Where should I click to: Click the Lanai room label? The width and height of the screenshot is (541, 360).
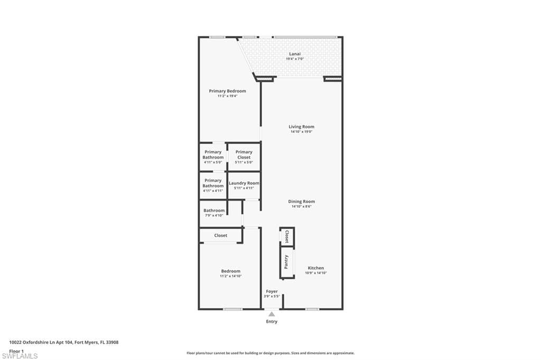pyautogui.click(x=295, y=53)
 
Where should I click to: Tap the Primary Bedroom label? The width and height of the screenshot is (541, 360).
pyautogui.click(x=227, y=91)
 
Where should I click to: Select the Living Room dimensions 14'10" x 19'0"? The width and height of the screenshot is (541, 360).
pyautogui.click(x=301, y=132)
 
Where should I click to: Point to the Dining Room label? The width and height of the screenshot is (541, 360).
pyautogui.click(x=301, y=202)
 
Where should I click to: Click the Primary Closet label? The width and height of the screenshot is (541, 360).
pyautogui.click(x=244, y=152)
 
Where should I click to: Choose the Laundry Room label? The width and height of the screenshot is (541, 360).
pyautogui.click(x=244, y=183)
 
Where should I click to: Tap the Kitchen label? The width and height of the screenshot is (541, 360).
pyautogui.click(x=315, y=268)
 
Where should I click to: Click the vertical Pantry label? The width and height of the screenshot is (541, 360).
pyautogui.click(x=286, y=262)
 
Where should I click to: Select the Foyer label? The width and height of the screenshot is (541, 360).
pyautogui.click(x=272, y=291)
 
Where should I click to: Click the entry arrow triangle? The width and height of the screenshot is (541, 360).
pyautogui.click(x=272, y=314)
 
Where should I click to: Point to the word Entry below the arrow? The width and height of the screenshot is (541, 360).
pyautogui.click(x=272, y=321)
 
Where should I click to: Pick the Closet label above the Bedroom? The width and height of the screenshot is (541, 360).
pyautogui.click(x=220, y=235)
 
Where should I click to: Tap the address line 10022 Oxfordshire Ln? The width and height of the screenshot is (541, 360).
pyautogui.click(x=64, y=342)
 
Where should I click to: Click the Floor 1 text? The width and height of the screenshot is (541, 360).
pyautogui.click(x=16, y=351)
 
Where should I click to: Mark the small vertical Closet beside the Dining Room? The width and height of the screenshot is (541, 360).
pyautogui.click(x=286, y=235)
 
